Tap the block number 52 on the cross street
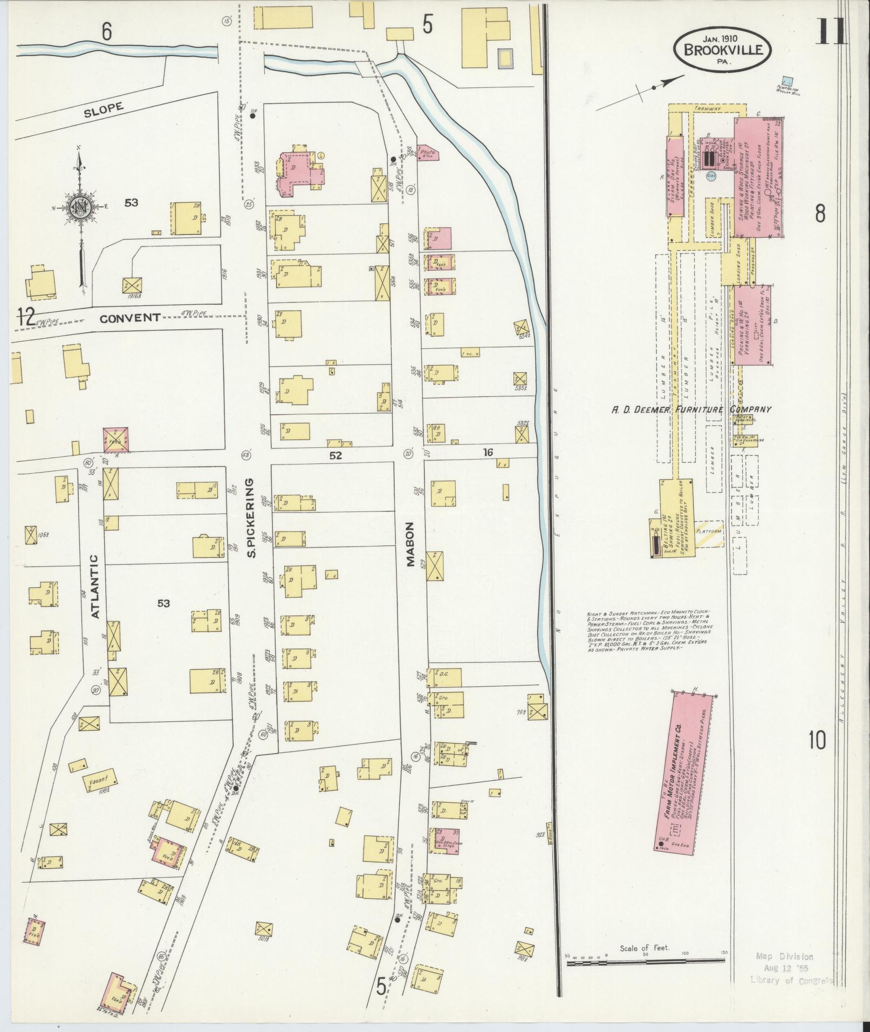(x=335, y=455)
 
